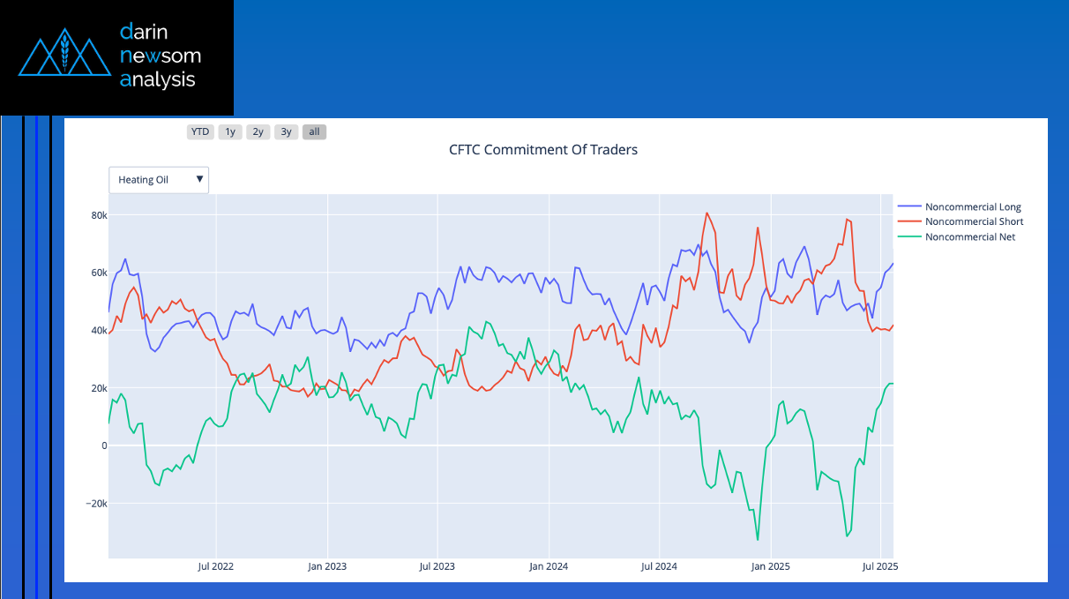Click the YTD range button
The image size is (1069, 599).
point(200,132)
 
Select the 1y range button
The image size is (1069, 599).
point(230,132)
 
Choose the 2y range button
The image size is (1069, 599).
point(258,132)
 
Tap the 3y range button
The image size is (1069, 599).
point(286,132)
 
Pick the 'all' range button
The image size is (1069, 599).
point(314,132)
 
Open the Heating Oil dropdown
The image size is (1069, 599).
point(159,180)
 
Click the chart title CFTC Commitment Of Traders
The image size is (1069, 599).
point(542,150)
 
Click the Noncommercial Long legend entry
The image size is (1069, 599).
point(972,207)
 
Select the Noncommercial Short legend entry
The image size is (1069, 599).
point(973,221)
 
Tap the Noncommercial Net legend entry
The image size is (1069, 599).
point(969,236)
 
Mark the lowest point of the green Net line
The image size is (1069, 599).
point(758,540)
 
